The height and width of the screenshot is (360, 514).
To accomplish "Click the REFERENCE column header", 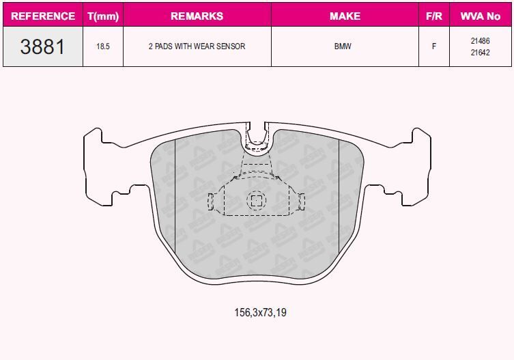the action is (43, 16).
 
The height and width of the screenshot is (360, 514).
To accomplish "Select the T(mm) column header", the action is (103, 16).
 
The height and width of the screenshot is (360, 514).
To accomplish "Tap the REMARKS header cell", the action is (197, 16).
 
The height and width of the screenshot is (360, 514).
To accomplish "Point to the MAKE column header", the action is (345, 16).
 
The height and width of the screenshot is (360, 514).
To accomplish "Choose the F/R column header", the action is (434, 16).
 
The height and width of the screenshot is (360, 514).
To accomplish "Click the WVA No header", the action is (481, 16).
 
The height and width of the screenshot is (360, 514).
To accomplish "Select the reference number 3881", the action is (42, 46).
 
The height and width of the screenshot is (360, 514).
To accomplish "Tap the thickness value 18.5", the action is (103, 46).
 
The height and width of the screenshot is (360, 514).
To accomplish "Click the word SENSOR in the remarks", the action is (231, 46).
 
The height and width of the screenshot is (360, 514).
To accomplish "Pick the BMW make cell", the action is (343, 46).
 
